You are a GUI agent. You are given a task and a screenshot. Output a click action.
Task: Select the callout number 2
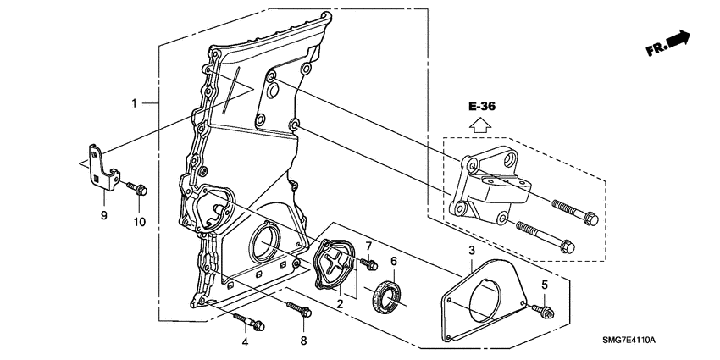click(x=340, y=302)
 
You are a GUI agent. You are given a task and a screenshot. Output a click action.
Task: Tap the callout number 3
click(x=471, y=251)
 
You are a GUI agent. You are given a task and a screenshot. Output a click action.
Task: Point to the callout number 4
click(x=245, y=342)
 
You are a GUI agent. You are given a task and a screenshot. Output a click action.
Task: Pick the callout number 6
click(x=393, y=262)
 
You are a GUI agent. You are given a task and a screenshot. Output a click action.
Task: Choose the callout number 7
click(x=368, y=246)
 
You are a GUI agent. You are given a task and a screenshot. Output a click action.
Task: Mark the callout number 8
click(x=304, y=341)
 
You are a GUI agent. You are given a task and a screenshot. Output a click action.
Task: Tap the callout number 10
click(x=139, y=222)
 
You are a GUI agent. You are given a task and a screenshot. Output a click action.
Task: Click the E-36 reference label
click(x=480, y=107)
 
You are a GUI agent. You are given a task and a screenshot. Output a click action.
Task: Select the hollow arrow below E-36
click(x=480, y=125)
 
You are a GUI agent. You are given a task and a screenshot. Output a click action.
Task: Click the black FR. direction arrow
click(x=678, y=38)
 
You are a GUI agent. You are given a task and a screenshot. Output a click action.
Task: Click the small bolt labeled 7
click(x=367, y=265)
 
